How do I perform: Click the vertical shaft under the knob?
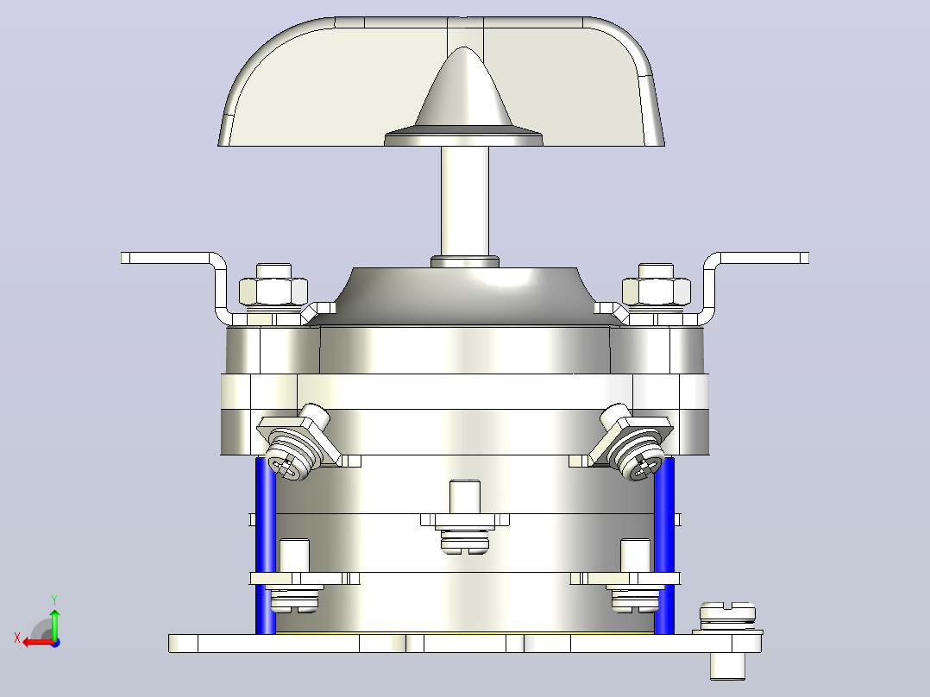tap(464, 202)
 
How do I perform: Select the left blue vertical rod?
tap(265, 544)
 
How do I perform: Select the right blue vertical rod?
tap(664, 544)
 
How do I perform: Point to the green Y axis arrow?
tap(54, 624)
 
